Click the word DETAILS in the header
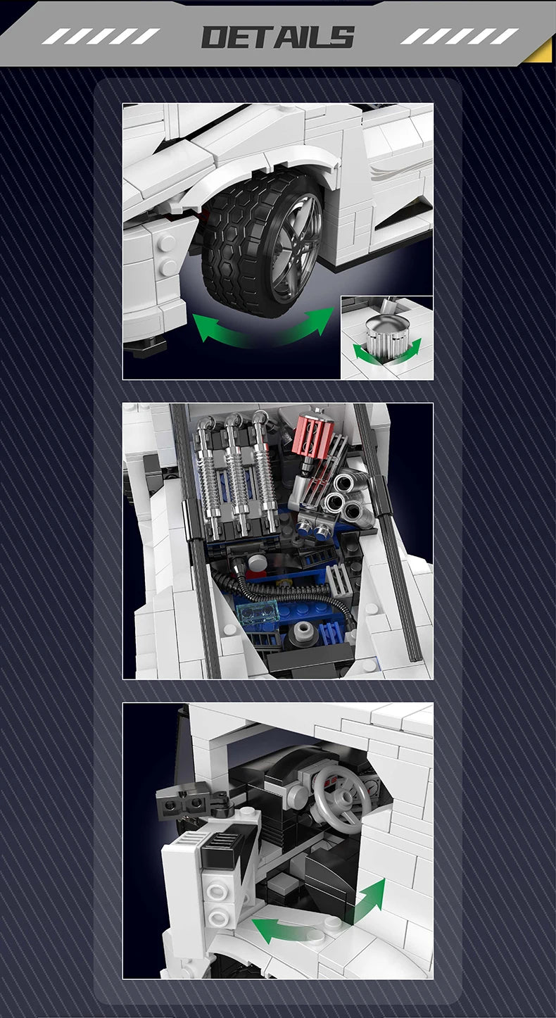pyautogui.click(x=277, y=37)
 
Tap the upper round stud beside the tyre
pyautogui.click(x=167, y=244)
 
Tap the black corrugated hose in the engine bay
pyautogui.click(x=282, y=591)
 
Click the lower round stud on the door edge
pyautogui.click(x=218, y=915)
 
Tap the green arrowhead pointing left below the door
pyautogui.click(x=264, y=928)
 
